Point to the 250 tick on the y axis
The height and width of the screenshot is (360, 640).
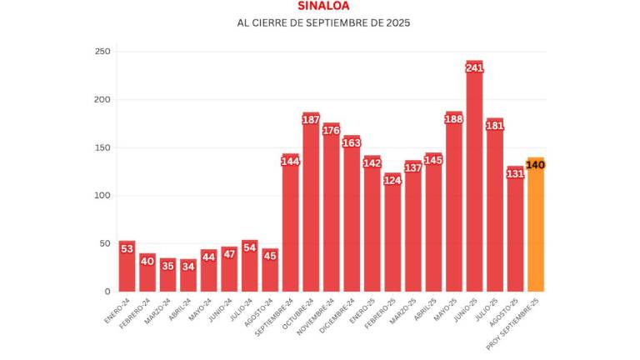pyautogui.click(x=102, y=52)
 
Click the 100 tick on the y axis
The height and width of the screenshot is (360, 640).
pyautogui.click(x=102, y=196)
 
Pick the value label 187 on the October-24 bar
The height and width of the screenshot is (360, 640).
pyautogui.click(x=311, y=120)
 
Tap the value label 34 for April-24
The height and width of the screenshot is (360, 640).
pyautogui.click(x=188, y=267)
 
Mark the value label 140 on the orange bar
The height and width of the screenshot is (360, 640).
pyautogui.click(x=536, y=165)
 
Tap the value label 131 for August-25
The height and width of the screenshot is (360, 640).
pyautogui.click(x=515, y=173)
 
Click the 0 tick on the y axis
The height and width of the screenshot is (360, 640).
pyautogui.click(x=106, y=292)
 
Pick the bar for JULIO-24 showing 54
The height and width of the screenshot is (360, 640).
pyautogui.click(x=249, y=271)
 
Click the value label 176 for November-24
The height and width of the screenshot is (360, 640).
pyautogui.click(x=331, y=130)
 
